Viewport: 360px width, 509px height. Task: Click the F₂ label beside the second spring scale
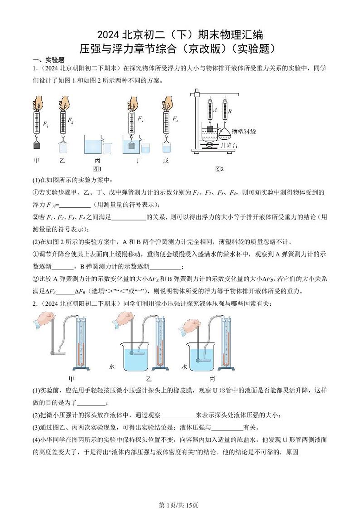click(x=70, y=120)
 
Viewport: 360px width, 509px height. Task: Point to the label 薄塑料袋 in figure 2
click(x=244, y=132)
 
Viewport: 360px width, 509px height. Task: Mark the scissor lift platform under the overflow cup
click(x=209, y=144)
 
